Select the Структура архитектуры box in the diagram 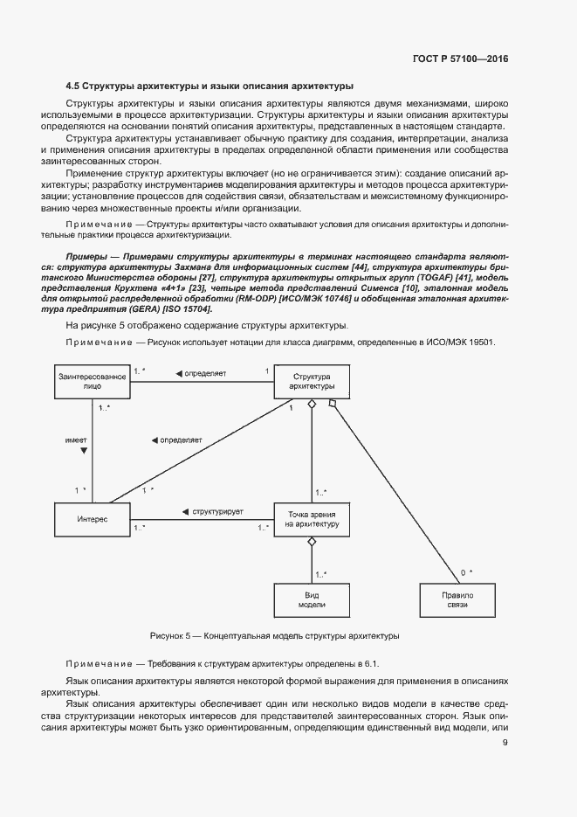[312, 381]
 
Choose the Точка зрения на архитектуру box [312, 518]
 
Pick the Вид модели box [312, 599]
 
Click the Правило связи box [456, 599]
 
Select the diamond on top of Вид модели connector [312, 542]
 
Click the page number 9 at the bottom [505, 744]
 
